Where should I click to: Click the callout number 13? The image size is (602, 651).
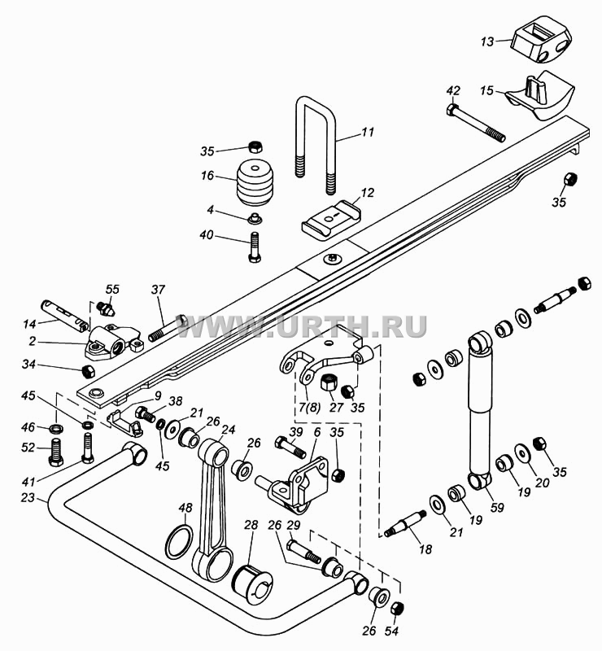pos(488,42)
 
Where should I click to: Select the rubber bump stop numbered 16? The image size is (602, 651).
pos(255,181)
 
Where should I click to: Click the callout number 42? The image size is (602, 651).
pos(453,91)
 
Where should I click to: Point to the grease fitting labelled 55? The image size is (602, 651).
pos(107,308)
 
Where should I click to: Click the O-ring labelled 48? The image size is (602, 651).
pos(179,542)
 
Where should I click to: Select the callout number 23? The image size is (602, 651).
pos(28,497)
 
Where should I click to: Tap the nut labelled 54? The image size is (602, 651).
pos(397,609)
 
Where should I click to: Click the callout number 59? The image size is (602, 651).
pos(497,507)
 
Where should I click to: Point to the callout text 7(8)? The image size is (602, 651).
pos(309,408)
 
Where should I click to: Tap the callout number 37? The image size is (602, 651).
pos(158,290)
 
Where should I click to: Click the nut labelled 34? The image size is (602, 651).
pos(89,371)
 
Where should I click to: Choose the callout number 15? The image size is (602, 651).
pos(486,90)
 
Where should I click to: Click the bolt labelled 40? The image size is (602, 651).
pos(254,247)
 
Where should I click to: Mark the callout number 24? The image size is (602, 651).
pos(228,430)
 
